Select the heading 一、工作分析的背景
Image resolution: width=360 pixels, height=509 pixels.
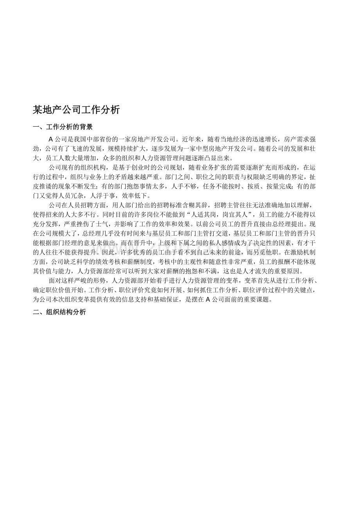63,127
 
